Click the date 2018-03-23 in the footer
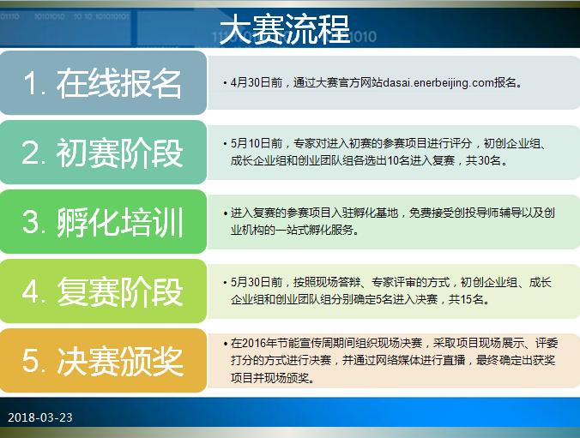tap(40, 417)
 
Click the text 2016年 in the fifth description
tap(257, 341)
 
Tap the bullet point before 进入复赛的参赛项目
tap(225, 213)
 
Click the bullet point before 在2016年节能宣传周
tap(225, 341)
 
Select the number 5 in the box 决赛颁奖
tap(32, 361)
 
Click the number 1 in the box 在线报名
tap(32, 83)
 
